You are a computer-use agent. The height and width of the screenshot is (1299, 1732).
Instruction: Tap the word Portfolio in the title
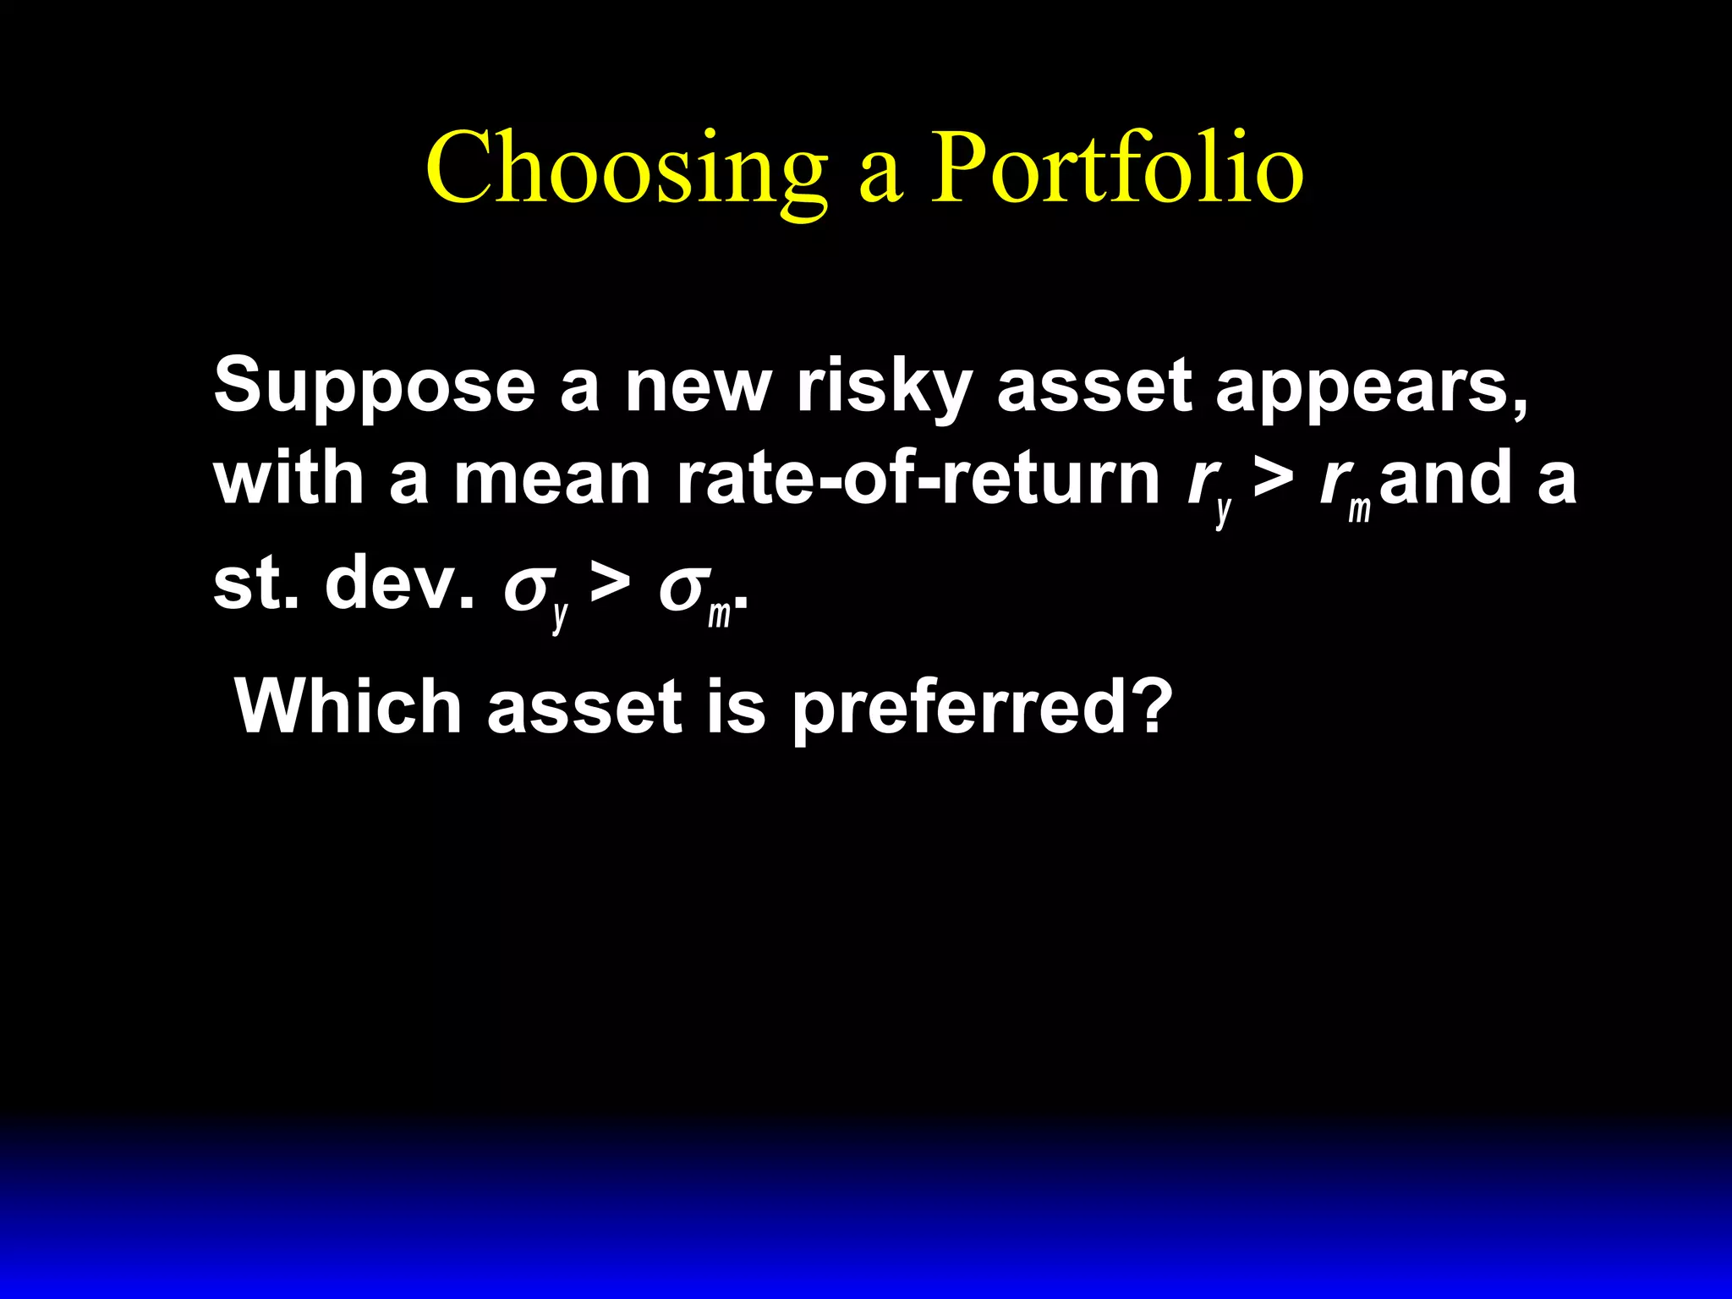click(1116, 169)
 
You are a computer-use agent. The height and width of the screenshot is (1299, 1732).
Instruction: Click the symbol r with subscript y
click(1208, 486)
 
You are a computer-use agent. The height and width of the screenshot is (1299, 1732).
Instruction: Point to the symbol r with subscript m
click(1343, 486)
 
